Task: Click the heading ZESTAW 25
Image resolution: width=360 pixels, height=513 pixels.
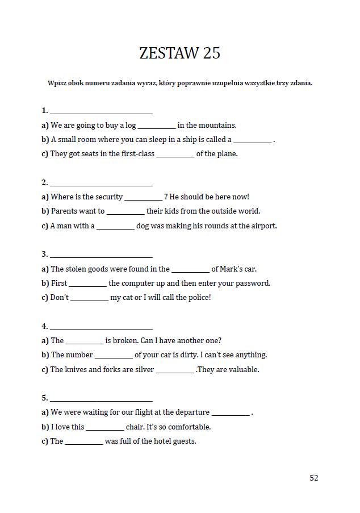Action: (x=179, y=53)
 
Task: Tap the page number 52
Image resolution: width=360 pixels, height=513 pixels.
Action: (x=314, y=478)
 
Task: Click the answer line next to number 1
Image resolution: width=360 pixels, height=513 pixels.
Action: (x=101, y=112)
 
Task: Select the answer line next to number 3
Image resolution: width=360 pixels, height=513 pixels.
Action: (x=101, y=256)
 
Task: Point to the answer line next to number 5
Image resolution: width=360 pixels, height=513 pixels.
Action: (x=101, y=400)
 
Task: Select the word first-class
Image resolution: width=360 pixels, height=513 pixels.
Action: (x=138, y=154)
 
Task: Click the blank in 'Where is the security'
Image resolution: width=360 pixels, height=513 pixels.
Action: (x=143, y=199)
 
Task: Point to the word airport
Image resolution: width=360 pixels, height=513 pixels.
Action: (x=262, y=226)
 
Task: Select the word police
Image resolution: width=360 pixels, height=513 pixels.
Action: (x=197, y=298)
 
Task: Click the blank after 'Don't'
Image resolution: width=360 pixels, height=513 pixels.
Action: (x=89, y=299)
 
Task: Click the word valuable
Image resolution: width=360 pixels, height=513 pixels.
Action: (x=243, y=370)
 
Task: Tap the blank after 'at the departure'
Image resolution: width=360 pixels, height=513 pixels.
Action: (x=230, y=414)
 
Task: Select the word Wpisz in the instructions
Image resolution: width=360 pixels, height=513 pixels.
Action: (x=57, y=84)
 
